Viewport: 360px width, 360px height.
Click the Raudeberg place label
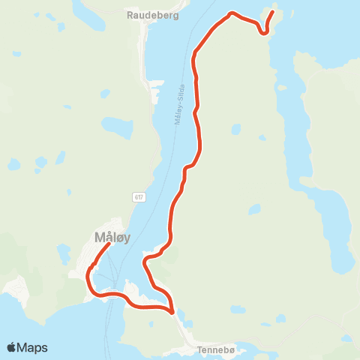[x=153, y=14]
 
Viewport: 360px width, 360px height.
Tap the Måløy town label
[x=112, y=238]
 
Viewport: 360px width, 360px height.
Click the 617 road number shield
[x=139, y=197]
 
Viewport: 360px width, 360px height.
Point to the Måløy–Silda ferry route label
[x=180, y=106]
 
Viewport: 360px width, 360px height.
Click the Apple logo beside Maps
[x=11, y=347]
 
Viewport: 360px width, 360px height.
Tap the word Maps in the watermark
[x=32, y=347]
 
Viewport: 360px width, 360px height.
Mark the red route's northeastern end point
[x=271, y=12]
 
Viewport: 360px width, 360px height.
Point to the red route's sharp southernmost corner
[x=172, y=311]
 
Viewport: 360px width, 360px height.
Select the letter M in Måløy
[x=100, y=238]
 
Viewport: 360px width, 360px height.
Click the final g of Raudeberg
[x=176, y=15]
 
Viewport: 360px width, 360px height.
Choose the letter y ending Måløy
[x=127, y=239]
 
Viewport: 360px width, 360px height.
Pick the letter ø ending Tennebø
[x=232, y=349]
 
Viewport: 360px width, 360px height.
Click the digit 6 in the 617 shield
[x=136, y=197]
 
